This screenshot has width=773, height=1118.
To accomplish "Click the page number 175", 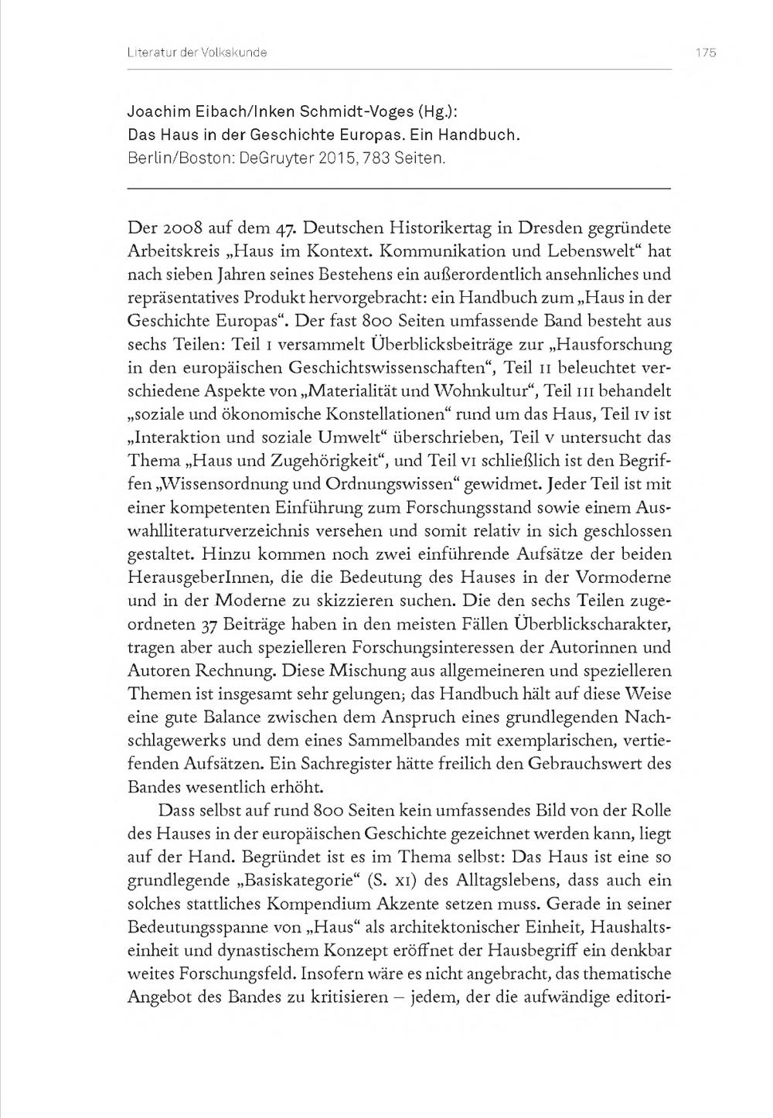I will [705, 53].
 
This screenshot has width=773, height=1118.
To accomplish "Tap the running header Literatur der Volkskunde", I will [196, 53].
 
